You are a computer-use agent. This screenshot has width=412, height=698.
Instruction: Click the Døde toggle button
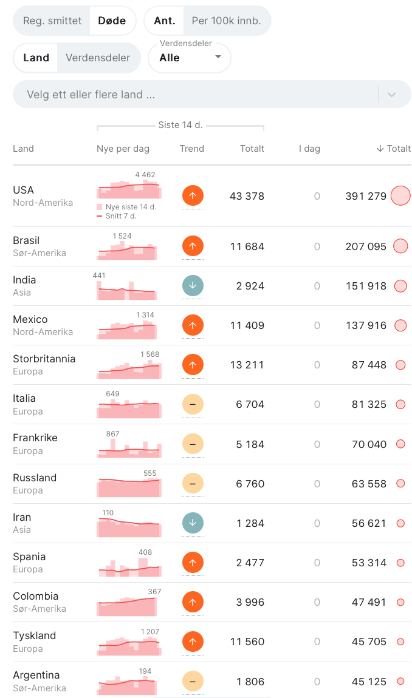pos(112,21)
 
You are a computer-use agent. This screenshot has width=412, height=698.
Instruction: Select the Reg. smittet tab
pos(52,21)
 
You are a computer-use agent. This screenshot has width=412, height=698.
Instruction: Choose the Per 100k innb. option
pos(226,21)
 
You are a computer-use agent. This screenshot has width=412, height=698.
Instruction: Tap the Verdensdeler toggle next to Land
pos(98,58)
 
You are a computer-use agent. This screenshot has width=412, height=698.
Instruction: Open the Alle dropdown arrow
pos(218,57)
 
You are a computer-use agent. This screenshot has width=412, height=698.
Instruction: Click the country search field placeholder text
pos(91,94)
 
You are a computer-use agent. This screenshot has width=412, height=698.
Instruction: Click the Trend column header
pos(192,149)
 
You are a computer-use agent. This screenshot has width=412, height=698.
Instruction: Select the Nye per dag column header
pos(123,149)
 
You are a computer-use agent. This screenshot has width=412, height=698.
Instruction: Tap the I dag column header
pos(309,149)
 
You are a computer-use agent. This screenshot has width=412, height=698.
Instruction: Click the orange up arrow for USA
pos(193,195)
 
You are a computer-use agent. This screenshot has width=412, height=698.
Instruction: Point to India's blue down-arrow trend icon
pos(193,286)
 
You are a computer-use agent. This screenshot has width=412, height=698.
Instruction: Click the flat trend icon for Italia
pos(193,404)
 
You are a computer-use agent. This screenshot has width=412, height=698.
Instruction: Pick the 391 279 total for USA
pos(366,196)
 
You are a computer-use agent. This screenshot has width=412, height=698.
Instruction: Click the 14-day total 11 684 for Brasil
pos(247,246)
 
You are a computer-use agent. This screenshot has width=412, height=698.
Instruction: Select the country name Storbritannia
pos(44,359)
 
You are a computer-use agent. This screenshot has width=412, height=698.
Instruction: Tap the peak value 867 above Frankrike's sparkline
pos(113,433)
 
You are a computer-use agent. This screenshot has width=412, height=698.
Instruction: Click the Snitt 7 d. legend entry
pos(117,216)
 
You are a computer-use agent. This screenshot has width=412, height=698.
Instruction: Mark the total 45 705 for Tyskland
pos(369,642)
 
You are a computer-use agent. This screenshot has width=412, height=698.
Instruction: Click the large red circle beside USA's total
pos(400,196)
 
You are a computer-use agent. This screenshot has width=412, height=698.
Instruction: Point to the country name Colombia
pos(36,596)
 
